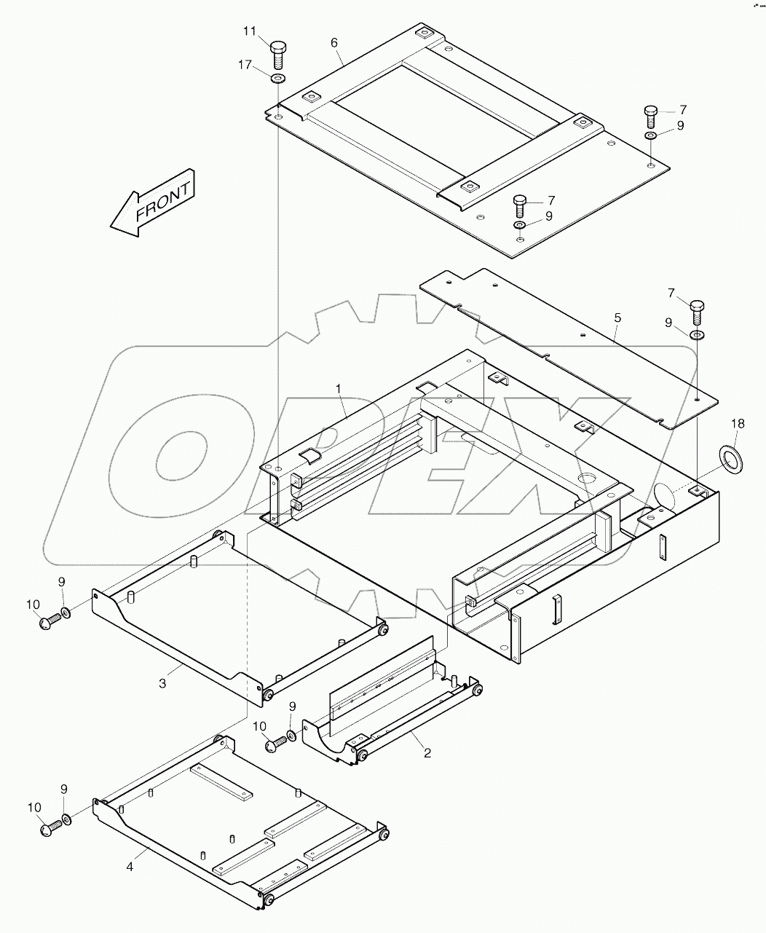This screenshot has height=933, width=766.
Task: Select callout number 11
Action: (x=250, y=31)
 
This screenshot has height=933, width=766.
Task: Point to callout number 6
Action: (x=334, y=43)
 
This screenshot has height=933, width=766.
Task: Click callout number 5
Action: (x=617, y=318)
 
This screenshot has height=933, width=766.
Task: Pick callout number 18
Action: (x=738, y=423)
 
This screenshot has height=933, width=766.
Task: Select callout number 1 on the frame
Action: (x=339, y=389)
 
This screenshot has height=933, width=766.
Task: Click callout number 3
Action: (x=162, y=682)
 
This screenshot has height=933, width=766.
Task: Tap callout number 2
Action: (x=427, y=753)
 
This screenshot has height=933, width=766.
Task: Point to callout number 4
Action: (x=130, y=867)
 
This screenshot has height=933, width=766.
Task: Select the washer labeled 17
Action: (x=278, y=78)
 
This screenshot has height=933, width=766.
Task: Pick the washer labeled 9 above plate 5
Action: (x=697, y=335)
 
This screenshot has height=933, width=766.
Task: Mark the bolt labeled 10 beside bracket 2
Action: (x=274, y=744)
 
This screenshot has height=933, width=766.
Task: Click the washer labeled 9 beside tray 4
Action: (x=67, y=820)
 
